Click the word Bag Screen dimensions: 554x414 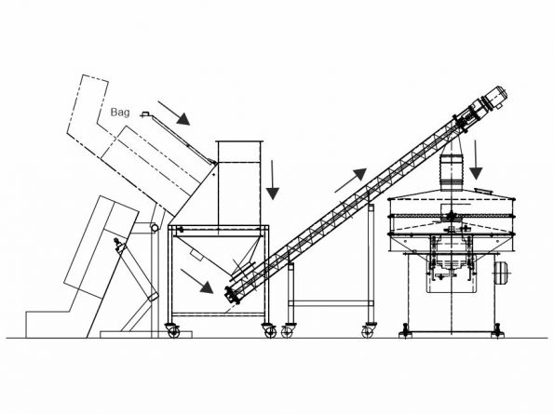point(120,111)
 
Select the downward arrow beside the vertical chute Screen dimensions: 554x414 point(272,179)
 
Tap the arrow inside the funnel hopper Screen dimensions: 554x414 point(197,279)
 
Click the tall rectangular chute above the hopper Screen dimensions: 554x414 point(239,182)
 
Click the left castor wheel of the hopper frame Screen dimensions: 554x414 point(171,328)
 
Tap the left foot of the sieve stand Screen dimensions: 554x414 point(406,329)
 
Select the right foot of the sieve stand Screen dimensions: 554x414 point(499,329)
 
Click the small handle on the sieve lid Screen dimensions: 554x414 point(481,192)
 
